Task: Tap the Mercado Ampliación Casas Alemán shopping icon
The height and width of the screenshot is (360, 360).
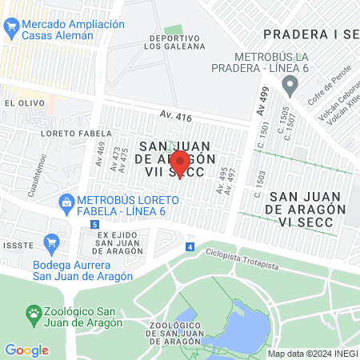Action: click(11, 30)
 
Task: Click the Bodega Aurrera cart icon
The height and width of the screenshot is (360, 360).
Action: click(51, 241)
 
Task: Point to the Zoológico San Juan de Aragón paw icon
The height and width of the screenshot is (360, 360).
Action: click(34, 311)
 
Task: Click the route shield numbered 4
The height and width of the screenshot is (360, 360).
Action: click(190, 247)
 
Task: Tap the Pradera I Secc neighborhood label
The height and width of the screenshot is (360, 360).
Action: click(310, 34)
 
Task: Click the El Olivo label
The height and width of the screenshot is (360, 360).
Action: click(21, 103)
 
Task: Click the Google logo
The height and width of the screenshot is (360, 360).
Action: click(26, 350)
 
